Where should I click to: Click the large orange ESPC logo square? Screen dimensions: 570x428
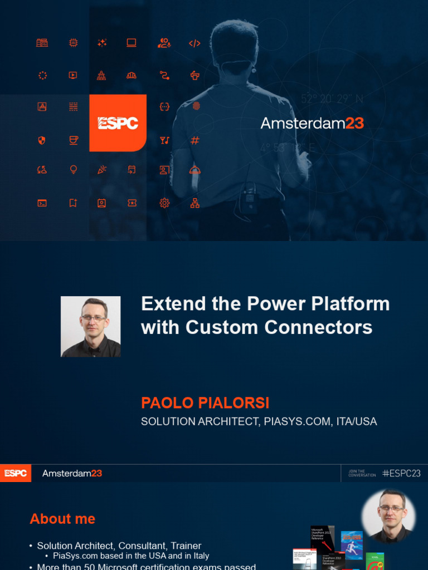pos(118,123)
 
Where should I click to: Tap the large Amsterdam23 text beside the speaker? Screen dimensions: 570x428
pos(312,123)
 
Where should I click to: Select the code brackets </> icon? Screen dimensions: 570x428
pos(194,43)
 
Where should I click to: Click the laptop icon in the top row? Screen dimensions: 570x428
pos(132,43)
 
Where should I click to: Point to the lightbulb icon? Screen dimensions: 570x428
pos(73,170)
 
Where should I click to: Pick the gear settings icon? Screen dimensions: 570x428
pos(164,203)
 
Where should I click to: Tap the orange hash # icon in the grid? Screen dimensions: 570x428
pos(194,140)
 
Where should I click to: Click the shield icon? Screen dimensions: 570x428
pos(42,140)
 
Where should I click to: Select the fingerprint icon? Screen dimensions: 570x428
pos(196,106)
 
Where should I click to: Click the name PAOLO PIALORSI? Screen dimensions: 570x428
pos(205,403)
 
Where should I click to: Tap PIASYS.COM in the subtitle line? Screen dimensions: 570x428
pos(295,421)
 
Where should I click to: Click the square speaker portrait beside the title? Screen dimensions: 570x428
pos(90,326)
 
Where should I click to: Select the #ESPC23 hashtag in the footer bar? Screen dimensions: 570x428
pos(401,473)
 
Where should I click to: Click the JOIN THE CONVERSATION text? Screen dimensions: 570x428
pos(362,473)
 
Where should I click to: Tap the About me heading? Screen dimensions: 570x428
pos(62,519)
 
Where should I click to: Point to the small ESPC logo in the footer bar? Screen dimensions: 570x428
pos(15,473)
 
